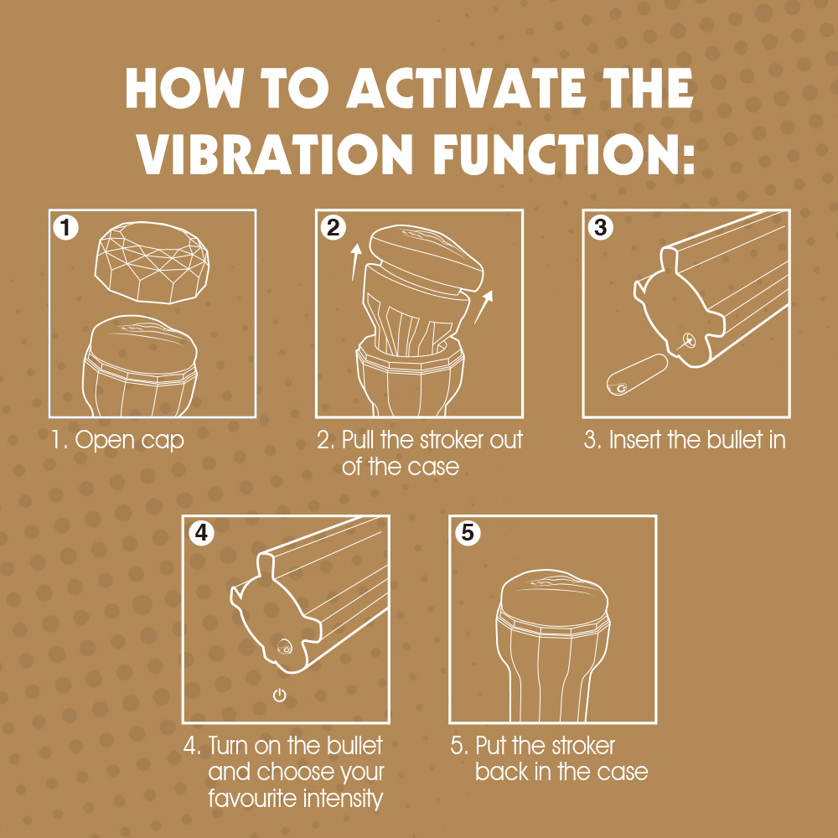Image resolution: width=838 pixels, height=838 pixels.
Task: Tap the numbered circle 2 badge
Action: click(x=334, y=227)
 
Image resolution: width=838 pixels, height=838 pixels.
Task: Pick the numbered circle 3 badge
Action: click(x=601, y=227)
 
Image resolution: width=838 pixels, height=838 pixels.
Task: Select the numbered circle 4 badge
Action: click(x=201, y=533)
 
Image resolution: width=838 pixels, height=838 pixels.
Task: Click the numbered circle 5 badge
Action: click(x=468, y=533)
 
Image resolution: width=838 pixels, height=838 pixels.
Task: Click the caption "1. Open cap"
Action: click(x=116, y=440)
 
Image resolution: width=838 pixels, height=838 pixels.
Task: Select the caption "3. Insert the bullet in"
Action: click(x=685, y=440)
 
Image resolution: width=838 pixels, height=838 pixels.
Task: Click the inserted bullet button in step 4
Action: click(x=285, y=648)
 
